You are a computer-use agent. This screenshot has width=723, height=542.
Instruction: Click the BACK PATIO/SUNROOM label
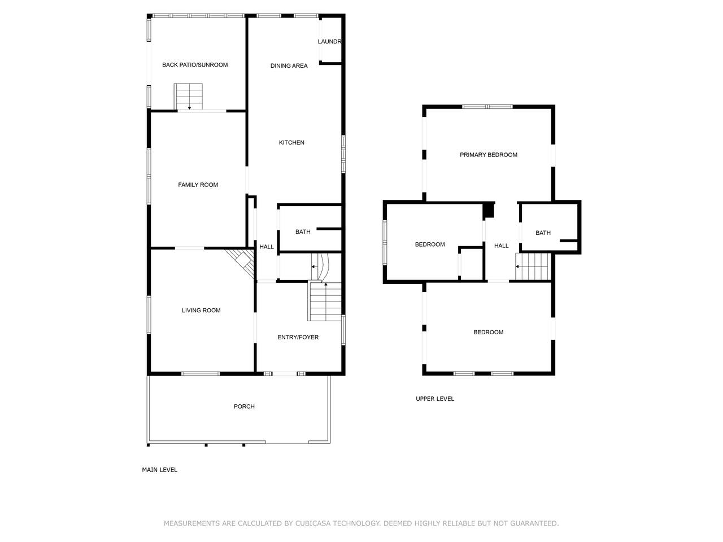[195, 65]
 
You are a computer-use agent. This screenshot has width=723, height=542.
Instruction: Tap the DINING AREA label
[289, 66]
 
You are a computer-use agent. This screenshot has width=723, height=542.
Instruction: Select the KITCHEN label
[291, 142]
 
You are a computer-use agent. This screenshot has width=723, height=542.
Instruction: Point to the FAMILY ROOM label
[198, 185]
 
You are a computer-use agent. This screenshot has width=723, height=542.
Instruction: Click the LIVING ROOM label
[201, 311]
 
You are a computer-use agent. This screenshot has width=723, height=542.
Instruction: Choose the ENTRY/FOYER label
[298, 337]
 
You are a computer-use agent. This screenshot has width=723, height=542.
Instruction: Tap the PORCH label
[244, 406]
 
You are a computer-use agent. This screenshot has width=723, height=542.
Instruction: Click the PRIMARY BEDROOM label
[489, 155]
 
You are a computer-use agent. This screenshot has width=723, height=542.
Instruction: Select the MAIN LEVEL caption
[159, 470]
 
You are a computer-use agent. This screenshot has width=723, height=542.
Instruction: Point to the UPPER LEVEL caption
[435, 399]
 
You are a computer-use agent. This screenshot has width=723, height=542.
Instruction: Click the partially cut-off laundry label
[329, 41]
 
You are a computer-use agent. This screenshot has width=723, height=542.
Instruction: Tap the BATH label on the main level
[303, 231]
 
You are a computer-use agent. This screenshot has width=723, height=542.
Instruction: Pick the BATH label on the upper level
[543, 233]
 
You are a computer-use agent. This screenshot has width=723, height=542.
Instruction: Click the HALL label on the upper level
[502, 246]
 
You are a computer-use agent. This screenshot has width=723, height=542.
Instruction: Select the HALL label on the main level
[267, 247]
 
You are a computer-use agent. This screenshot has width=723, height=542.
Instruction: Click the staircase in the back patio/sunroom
[189, 97]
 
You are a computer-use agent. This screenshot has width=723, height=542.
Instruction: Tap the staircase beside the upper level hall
[533, 266]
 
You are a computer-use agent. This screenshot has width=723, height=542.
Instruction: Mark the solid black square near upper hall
[489, 210]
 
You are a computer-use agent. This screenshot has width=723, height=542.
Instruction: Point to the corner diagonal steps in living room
[243, 261]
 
